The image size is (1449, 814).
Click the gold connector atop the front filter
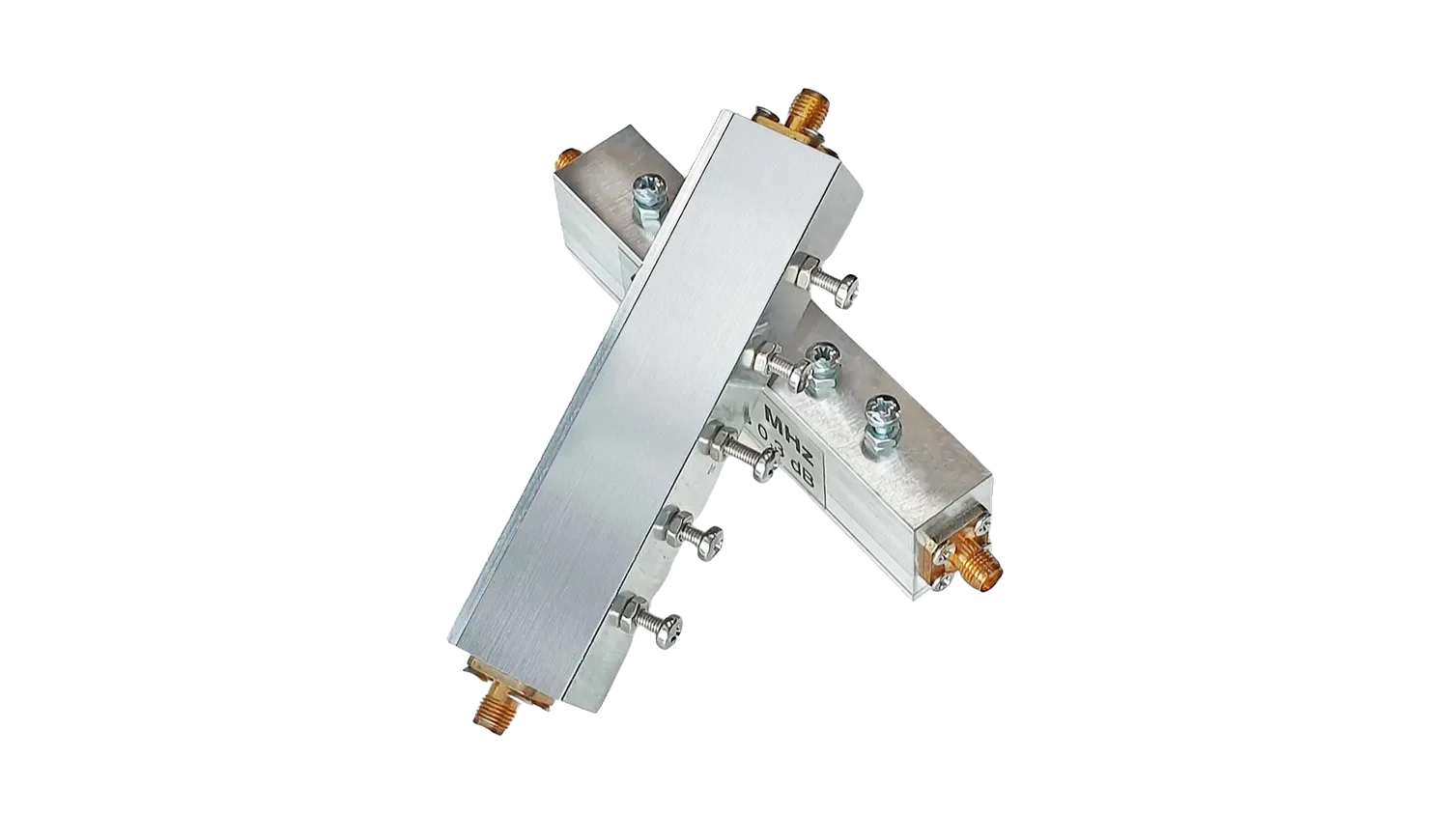(x=804, y=110)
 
